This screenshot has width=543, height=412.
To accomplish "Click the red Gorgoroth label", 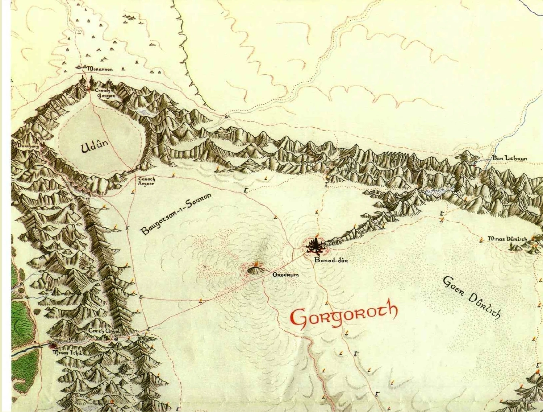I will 344,314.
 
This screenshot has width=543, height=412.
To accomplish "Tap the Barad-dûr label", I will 331,260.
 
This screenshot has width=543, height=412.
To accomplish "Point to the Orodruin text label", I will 285,275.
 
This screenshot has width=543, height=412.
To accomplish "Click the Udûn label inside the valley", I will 94,147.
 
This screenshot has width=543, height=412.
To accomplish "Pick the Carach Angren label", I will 146,182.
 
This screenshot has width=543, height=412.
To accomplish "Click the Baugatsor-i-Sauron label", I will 176,214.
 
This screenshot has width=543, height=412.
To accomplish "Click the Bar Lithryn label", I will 509,158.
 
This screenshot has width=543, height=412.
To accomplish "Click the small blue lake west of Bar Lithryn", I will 437,191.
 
